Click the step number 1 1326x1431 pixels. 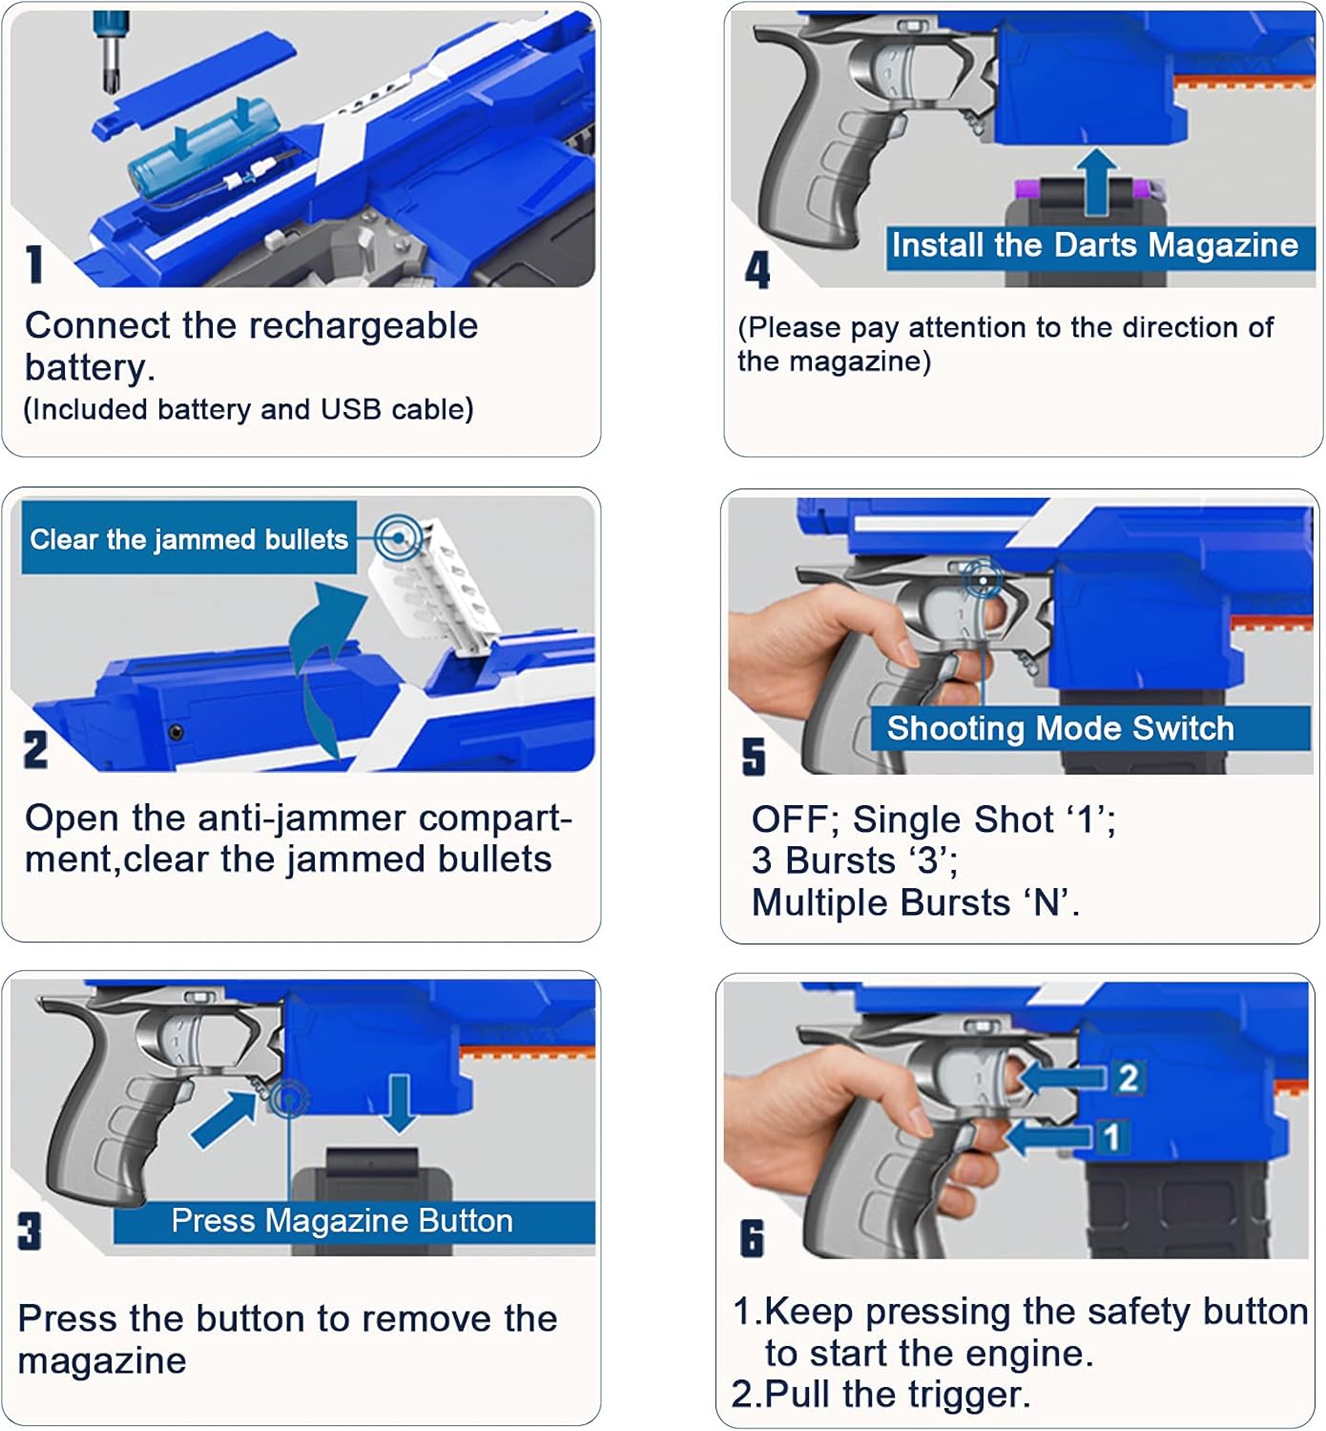(34, 264)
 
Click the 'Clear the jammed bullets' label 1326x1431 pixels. (189, 539)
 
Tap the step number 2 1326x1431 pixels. (35, 750)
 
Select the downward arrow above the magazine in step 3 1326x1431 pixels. (400, 1102)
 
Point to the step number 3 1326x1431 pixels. (30, 1231)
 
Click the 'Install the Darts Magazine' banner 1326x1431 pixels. (1094, 246)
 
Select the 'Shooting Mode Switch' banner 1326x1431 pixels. (1061, 729)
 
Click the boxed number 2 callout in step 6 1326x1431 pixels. (1128, 1078)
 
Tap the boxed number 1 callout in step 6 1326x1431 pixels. (1111, 1136)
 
